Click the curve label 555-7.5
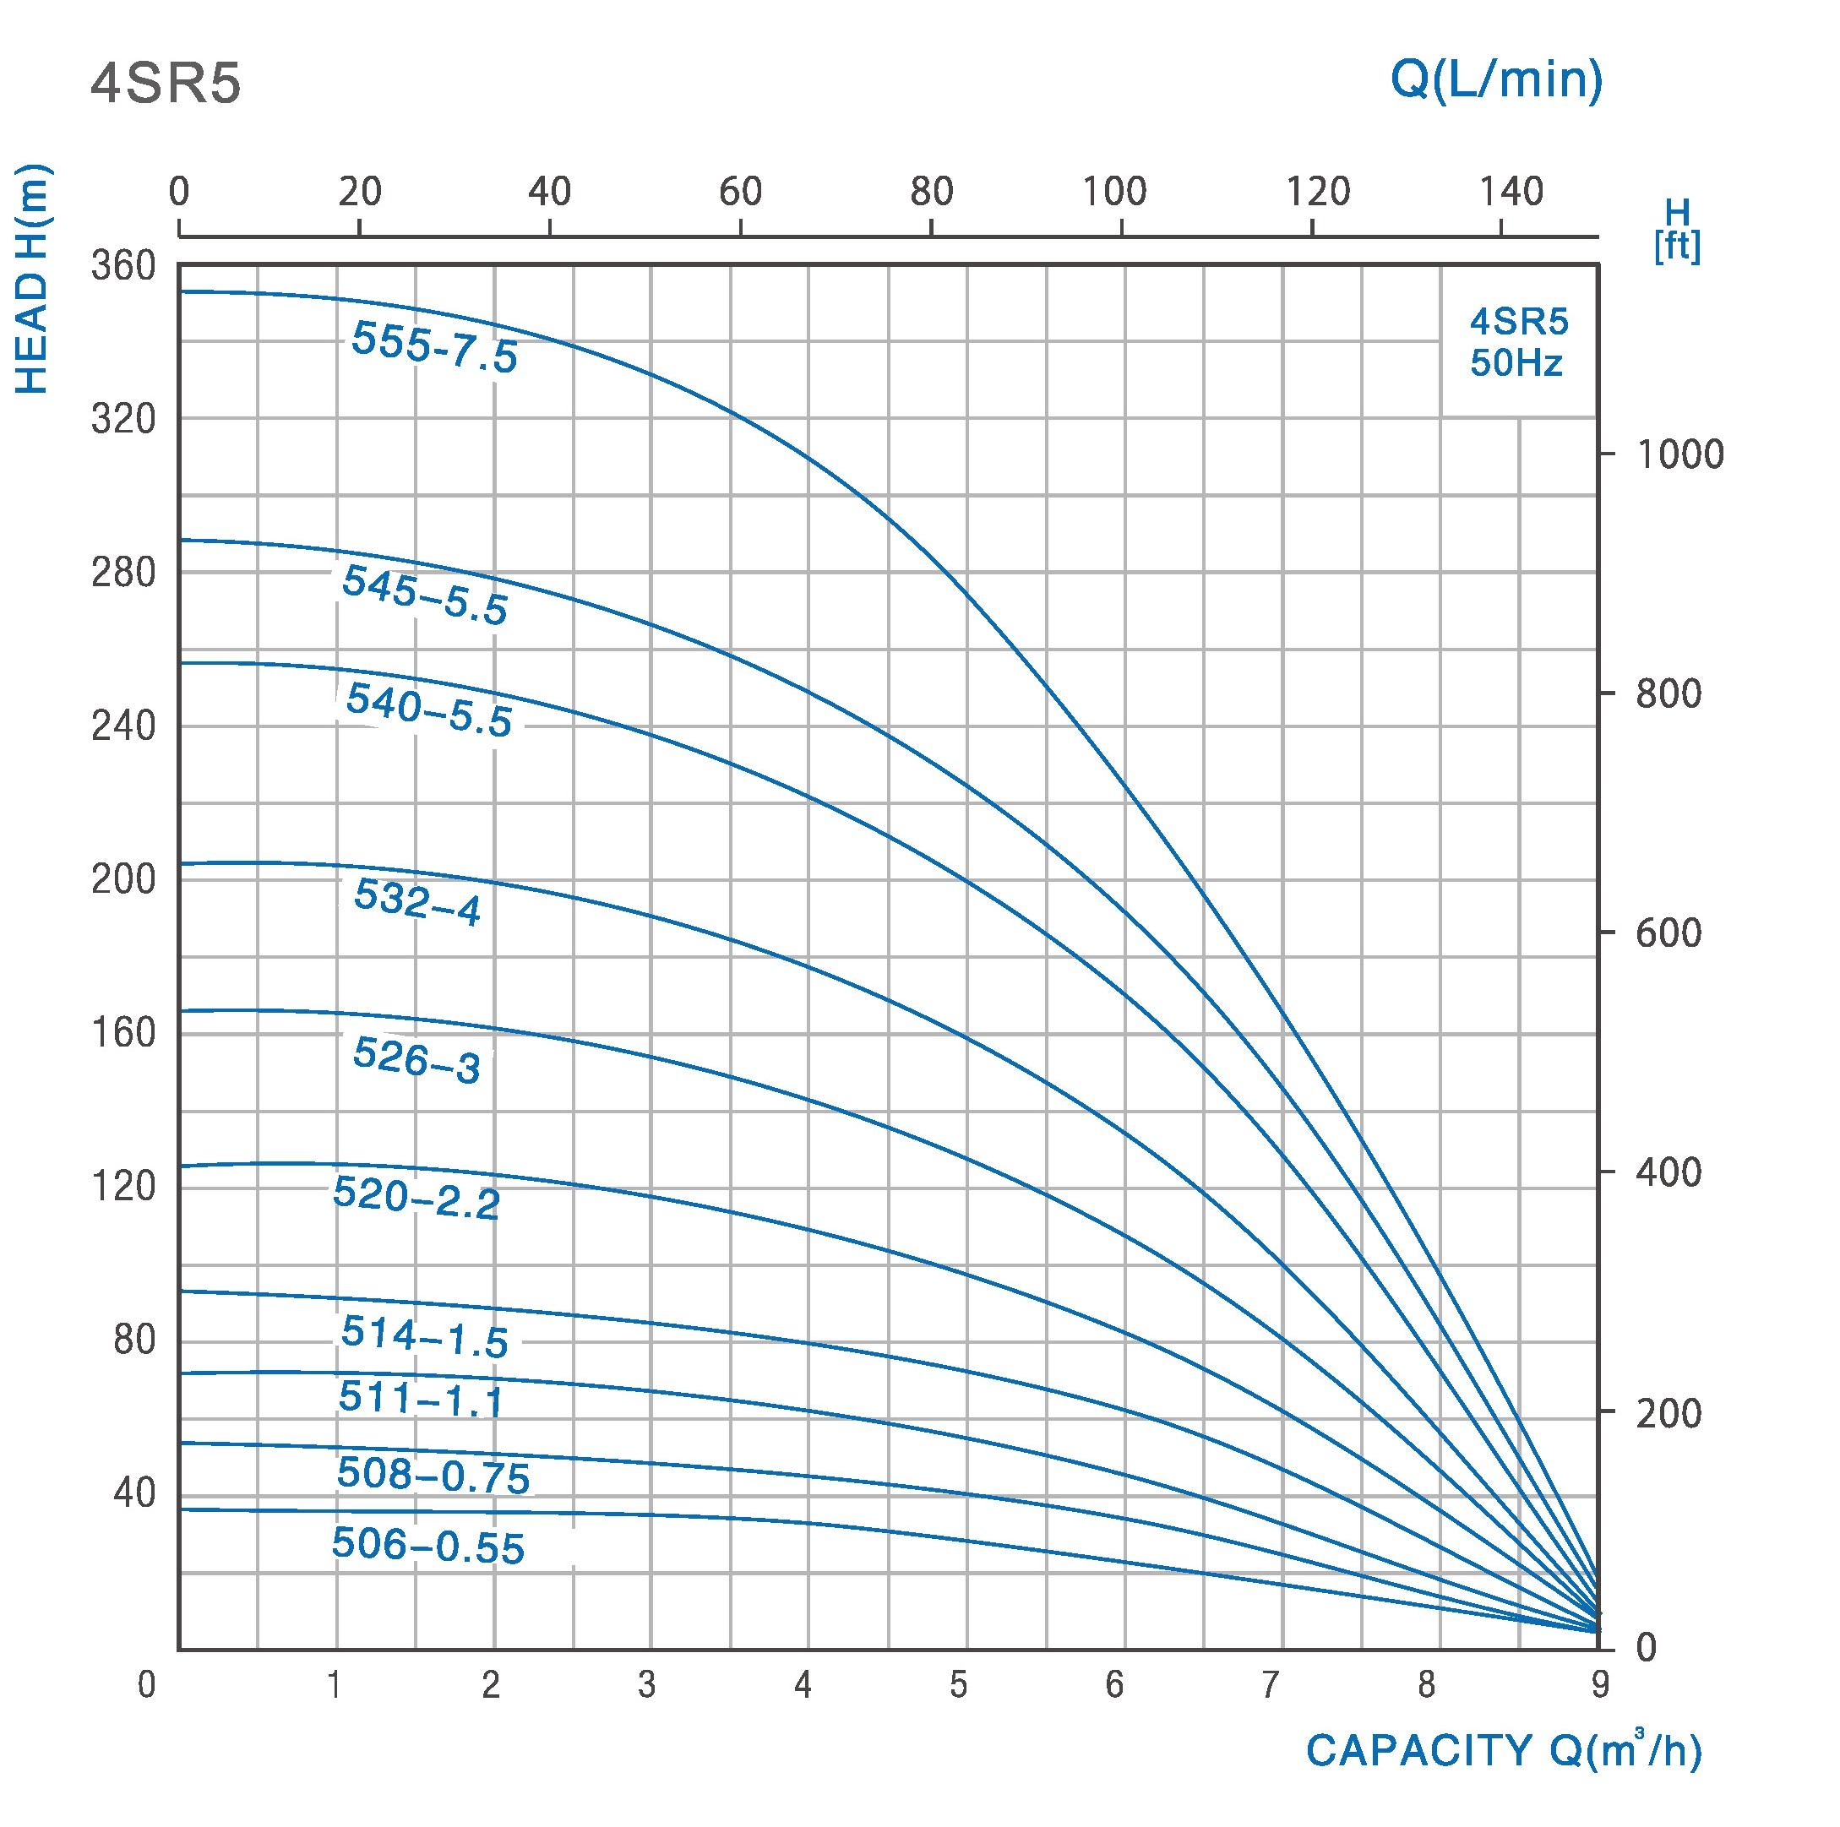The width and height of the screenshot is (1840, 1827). click(434, 347)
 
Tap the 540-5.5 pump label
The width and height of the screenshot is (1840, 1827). click(428, 710)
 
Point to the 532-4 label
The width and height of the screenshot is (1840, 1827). click(417, 900)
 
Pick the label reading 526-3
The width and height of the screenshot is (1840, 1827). click(417, 1061)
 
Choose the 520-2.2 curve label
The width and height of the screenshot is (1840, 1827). click(416, 1198)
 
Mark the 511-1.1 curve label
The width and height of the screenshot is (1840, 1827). click(421, 1399)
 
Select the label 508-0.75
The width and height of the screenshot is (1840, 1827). click(433, 1475)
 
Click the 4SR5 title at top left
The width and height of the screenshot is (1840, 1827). click(166, 84)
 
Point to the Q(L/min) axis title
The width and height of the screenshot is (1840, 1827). click(1496, 79)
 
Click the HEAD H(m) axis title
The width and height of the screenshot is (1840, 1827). click(32, 280)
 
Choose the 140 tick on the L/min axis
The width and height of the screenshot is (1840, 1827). click(1511, 193)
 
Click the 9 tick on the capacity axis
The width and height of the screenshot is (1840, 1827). click(1600, 1685)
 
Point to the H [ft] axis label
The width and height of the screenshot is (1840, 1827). click(1677, 230)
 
